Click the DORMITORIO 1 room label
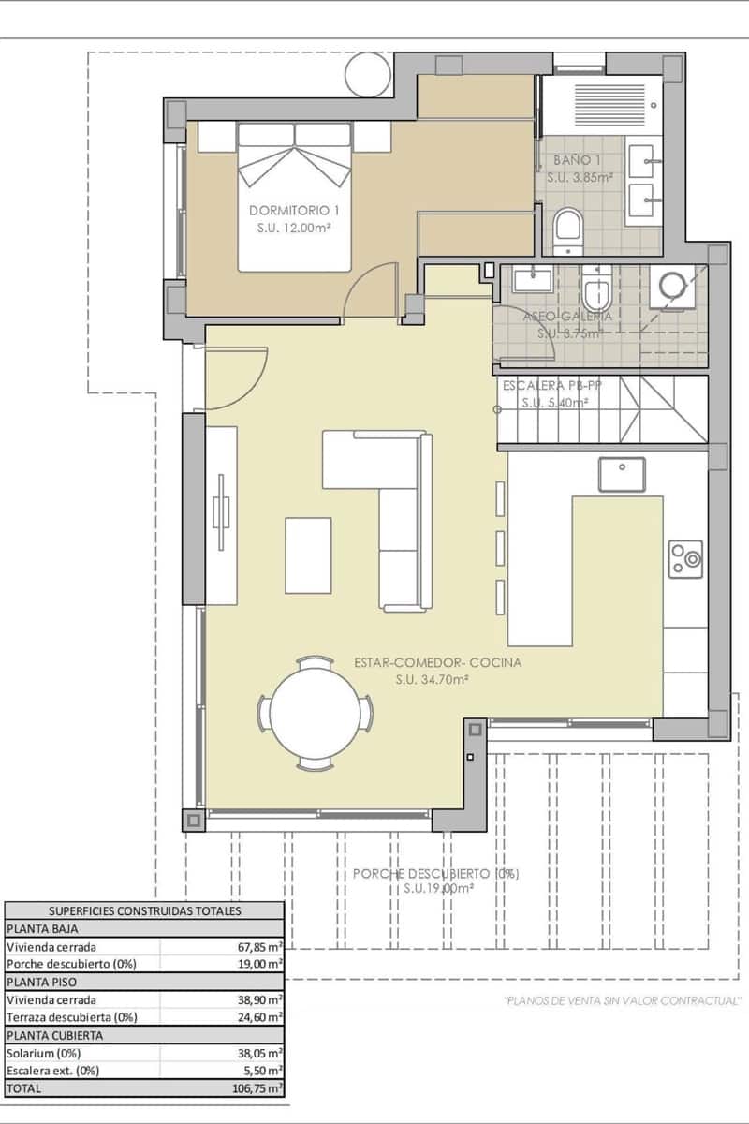click(294, 210)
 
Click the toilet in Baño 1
click(567, 230)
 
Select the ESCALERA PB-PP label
click(546, 386)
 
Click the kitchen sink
click(623, 474)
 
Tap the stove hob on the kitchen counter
click(685, 559)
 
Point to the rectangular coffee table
click(308, 555)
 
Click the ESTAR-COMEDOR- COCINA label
click(437, 663)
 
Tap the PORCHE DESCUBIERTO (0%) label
click(435, 874)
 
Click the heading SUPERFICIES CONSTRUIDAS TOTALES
click(144, 910)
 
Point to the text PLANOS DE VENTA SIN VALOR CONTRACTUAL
click(623, 1000)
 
